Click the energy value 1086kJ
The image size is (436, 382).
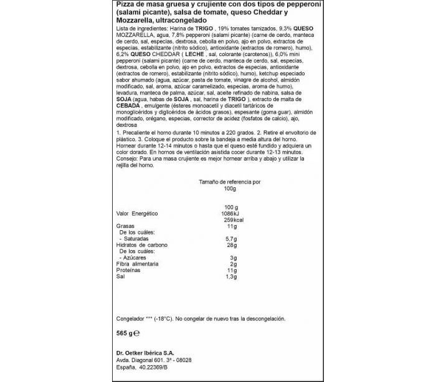(x=231, y=213)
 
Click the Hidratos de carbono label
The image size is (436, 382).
(x=143, y=245)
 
